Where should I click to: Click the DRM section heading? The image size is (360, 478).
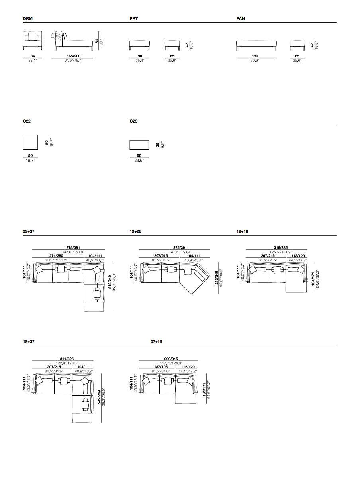[27, 18]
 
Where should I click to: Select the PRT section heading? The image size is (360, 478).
[134, 18]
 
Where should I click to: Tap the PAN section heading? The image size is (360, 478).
[241, 18]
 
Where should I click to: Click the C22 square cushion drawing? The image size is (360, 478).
[30, 142]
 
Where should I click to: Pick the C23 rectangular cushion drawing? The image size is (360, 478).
[139, 145]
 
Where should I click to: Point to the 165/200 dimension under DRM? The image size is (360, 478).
[74, 56]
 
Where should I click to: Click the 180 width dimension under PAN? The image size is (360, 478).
[255, 56]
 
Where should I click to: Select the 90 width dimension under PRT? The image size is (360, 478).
[140, 56]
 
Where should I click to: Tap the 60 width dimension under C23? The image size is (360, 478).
[139, 155]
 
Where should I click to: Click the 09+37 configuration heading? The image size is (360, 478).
[29, 231]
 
